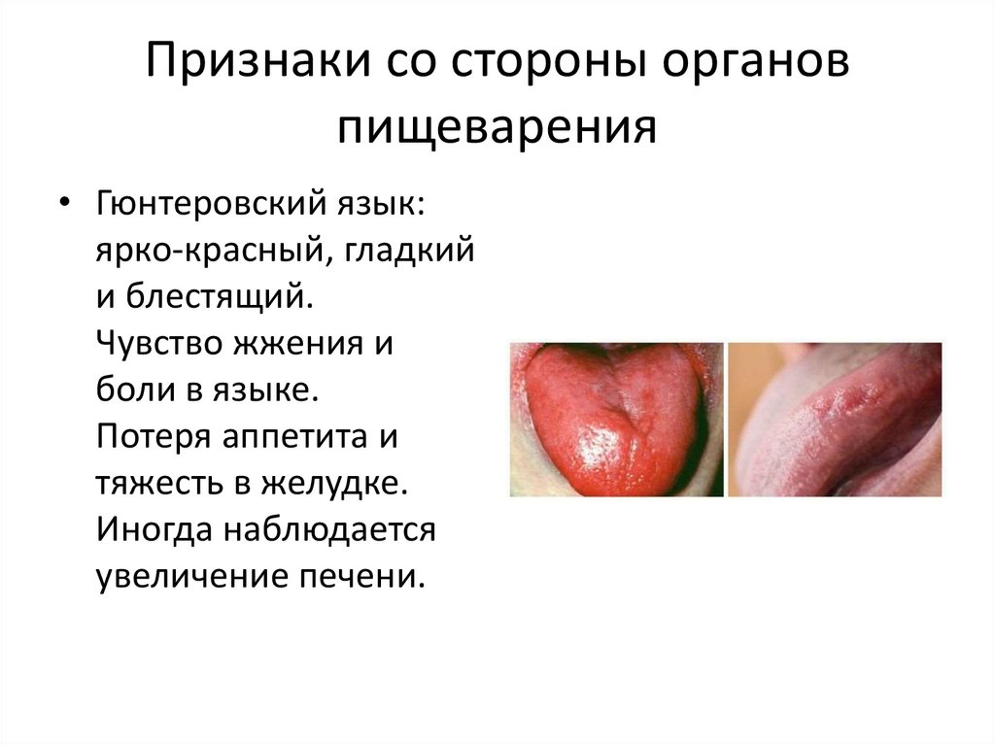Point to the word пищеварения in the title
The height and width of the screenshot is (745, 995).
[497, 127]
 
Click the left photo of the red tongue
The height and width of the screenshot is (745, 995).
[616, 419]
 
